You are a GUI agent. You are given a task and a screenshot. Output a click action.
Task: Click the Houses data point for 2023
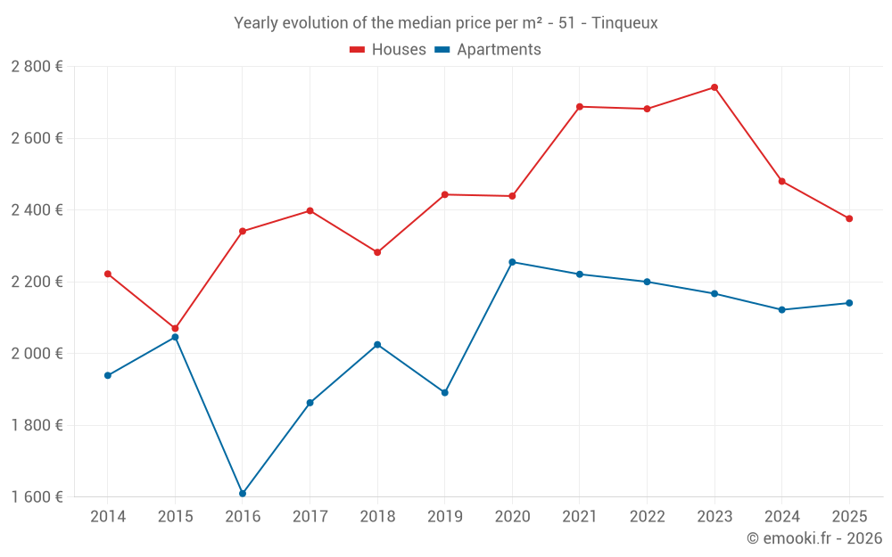tap(714, 87)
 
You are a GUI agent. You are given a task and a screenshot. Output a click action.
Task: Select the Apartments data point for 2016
tap(243, 493)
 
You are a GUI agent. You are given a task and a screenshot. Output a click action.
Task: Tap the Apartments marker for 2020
tap(512, 262)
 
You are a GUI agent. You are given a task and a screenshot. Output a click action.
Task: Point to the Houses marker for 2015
tap(175, 329)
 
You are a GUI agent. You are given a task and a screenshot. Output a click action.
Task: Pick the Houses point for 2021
tap(580, 107)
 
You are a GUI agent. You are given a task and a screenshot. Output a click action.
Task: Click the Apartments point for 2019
tap(445, 392)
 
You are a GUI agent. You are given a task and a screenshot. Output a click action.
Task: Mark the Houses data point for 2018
tap(377, 252)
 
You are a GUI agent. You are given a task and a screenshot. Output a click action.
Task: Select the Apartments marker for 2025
tap(849, 303)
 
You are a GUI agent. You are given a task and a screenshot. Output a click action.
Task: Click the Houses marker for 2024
tap(782, 181)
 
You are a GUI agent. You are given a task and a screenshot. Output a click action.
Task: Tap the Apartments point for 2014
tap(108, 375)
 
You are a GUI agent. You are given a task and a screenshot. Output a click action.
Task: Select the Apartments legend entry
tap(498, 50)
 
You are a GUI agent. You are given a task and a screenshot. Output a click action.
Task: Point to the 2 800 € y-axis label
tap(37, 67)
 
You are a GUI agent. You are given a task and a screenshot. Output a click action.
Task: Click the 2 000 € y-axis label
tap(37, 354)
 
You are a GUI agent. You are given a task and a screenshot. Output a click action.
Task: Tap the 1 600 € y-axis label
tap(37, 497)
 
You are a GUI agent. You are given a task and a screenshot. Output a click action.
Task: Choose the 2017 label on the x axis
tap(310, 517)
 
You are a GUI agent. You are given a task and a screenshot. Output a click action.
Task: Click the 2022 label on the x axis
tap(647, 517)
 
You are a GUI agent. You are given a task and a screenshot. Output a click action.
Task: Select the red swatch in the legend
tap(358, 50)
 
